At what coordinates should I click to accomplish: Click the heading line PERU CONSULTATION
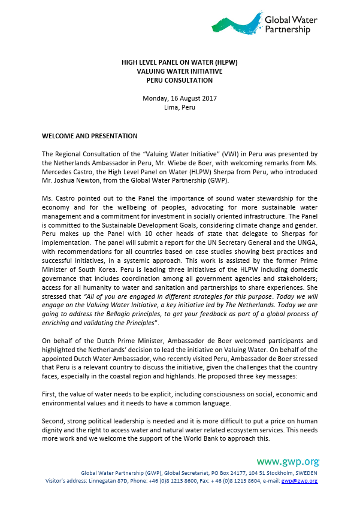(179, 80)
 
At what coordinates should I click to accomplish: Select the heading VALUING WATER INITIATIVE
(179, 71)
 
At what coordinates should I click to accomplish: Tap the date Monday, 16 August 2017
(179, 98)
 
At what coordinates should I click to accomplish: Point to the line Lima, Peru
(179, 108)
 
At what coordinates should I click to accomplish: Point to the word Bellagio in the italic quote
(146, 314)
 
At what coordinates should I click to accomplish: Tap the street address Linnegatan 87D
(96, 481)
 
